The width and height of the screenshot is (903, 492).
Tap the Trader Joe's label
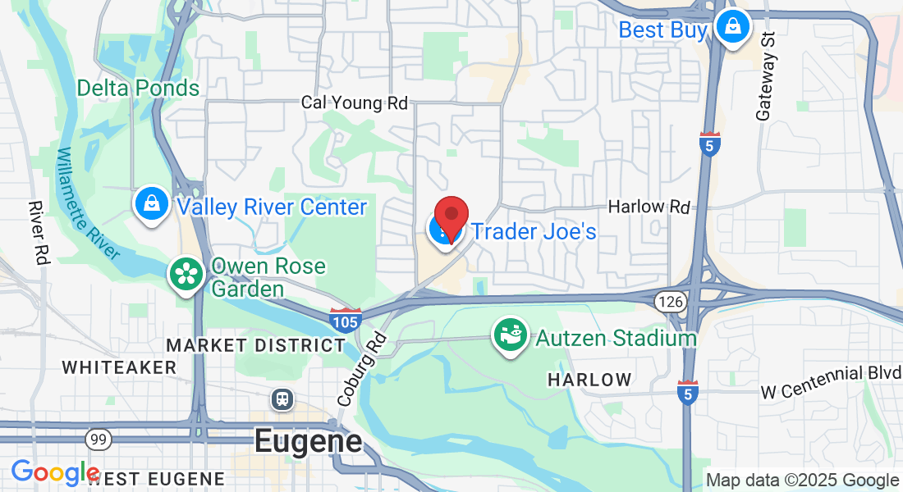pos(534,231)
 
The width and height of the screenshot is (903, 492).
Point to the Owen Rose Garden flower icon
pos(186,274)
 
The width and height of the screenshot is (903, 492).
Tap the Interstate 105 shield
pos(345,319)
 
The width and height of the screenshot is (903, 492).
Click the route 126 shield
pos(670,302)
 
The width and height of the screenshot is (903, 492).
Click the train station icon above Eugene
pos(282,399)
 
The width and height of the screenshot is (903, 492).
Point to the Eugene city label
pos(308,441)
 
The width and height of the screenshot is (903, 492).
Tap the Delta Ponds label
pos(138,88)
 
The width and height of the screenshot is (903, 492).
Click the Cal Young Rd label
pos(354,102)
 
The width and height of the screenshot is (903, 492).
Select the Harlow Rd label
pos(649,207)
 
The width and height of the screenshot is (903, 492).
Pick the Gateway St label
pos(767,78)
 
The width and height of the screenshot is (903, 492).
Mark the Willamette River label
pos(88,203)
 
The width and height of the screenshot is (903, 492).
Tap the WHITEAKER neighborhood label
pos(119,367)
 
